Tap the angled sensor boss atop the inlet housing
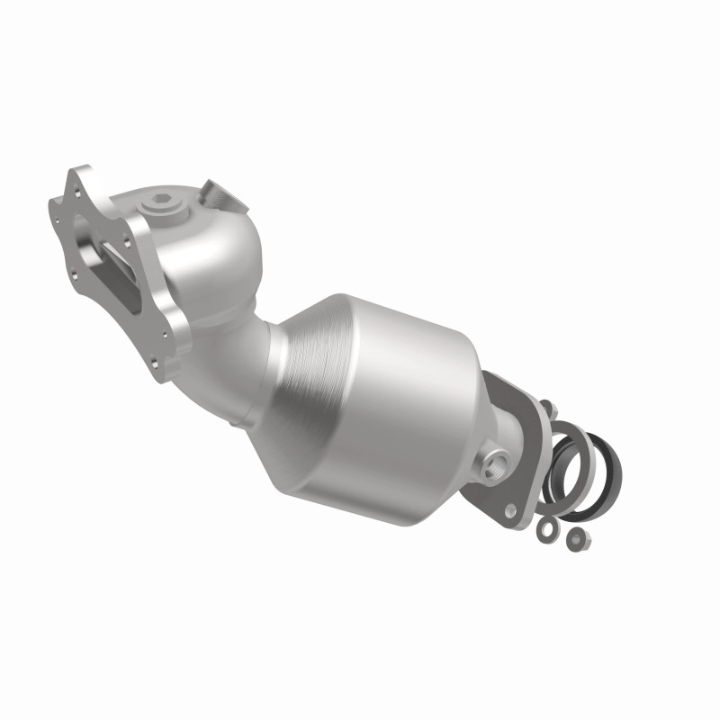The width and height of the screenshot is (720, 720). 218,193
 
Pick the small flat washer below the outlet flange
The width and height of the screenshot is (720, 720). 546,531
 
